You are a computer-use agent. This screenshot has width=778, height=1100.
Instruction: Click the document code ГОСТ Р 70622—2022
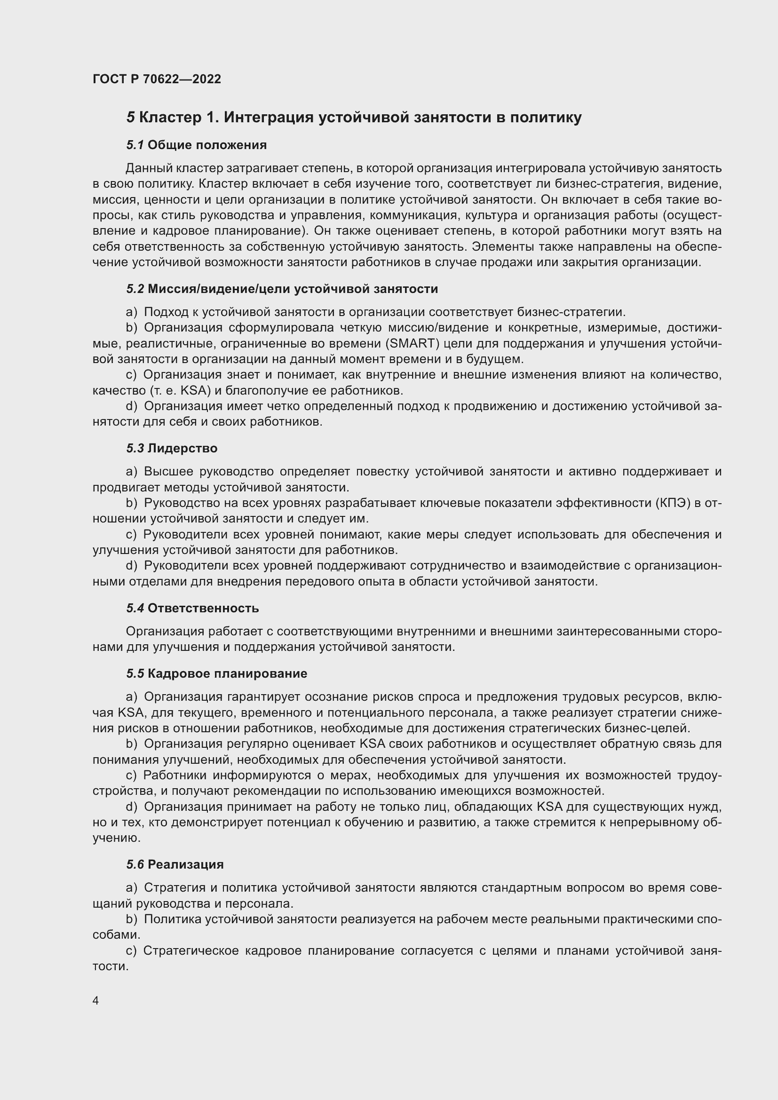click(x=157, y=79)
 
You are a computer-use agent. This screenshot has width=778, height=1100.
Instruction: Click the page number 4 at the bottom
click(x=96, y=1001)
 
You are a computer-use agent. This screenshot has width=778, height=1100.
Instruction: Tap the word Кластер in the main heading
click(x=170, y=118)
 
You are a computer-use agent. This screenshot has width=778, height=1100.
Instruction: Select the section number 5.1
click(x=135, y=145)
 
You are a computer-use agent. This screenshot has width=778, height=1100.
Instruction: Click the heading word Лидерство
click(x=183, y=449)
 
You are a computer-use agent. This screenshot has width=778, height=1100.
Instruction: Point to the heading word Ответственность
click(x=203, y=609)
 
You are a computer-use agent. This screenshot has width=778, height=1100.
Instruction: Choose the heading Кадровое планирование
click(x=227, y=673)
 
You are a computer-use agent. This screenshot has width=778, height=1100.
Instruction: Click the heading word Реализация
click(x=186, y=864)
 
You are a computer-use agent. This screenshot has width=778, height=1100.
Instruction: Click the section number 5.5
click(x=135, y=673)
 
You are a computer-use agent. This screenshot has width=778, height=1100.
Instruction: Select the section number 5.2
click(x=135, y=289)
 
